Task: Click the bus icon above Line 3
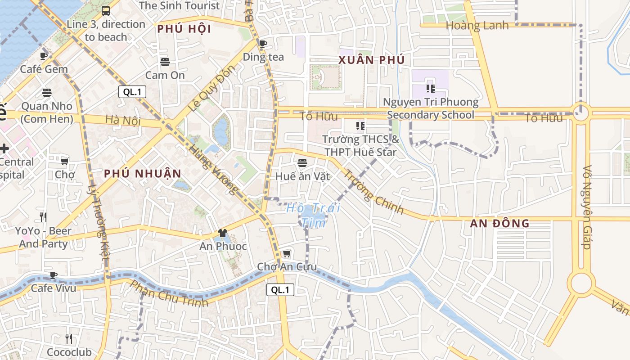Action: [106, 10]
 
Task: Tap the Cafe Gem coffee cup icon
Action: [44, 56]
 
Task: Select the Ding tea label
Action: [263, 57]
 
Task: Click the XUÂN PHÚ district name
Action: [371, 60]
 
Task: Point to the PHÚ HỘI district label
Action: [184, 29]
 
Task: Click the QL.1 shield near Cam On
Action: [132, 92]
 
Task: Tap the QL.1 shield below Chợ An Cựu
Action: [280, 290]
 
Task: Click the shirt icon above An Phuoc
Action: [223, 233]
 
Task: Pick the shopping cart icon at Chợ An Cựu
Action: [287, 254]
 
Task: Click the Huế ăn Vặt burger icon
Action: [302, 162]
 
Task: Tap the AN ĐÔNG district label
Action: [499, 223]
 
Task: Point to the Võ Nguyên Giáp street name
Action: [586, 207]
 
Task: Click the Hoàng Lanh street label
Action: [477, 26]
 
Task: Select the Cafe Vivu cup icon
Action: [54, 274]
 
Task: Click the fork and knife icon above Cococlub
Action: [69, 338]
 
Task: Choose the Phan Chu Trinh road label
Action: [170, 293]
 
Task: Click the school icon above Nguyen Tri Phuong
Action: [431, 89]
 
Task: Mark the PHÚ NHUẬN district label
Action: [143, 174]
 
